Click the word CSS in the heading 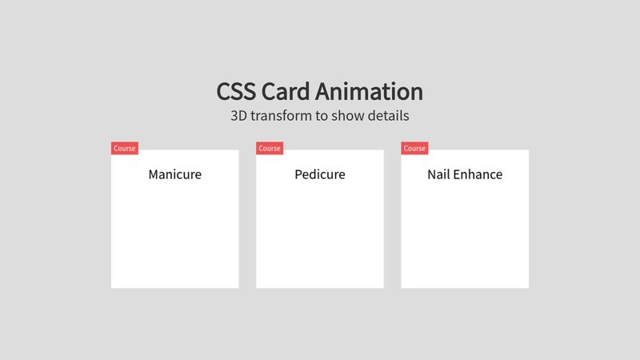pos(237,91)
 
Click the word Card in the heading pos(287,91)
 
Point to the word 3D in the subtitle pos(238,115)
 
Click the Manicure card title pos(174,174)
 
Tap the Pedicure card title pos(319,174)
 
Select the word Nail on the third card pos(438,174)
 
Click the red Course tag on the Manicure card pos(125,148)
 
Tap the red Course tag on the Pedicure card pos(270,148)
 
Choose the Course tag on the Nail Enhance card pos(414,148)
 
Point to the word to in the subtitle pos(322,115)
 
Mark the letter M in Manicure pos(154,174)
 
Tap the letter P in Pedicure pos(298,174)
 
